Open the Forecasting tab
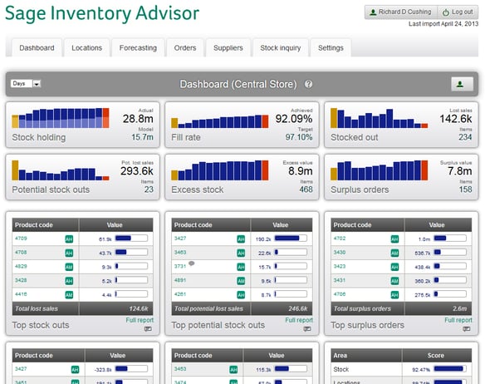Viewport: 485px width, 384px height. pyautogui.click(x=138, y=48)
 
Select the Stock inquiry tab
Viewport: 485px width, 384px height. pyautogui.click(x=279, y=48)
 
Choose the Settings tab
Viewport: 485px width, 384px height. pyautogui.click(x=331, y=48)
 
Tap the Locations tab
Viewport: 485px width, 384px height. pyautogui.click(x=86, y=48)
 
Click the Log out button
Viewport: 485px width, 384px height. pyautogui.click(x=458, y=12)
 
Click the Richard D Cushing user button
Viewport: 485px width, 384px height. pyautogui.click(x=399, y=12)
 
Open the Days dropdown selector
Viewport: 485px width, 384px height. pyautogui.click(x=26, y=84)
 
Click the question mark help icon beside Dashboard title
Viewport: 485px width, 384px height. pyautogui.click(x=309, y=84)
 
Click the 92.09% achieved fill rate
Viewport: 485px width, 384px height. pyautogui.click(x=295, y=120)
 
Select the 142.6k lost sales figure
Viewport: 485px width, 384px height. pyautogui.click(x=456, y=120)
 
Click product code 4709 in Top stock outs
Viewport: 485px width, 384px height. pyautogui.click(x=21, y=239)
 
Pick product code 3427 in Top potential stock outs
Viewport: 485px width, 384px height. pyautogui.click(x=180, y=239)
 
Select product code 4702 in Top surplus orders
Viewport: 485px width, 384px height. pyautogui.click(x=340, y=239)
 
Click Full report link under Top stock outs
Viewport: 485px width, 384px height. pyautogui.click(x=140, y=320)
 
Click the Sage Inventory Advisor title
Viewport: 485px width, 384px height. pyautogui.click(x=102, y=14)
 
